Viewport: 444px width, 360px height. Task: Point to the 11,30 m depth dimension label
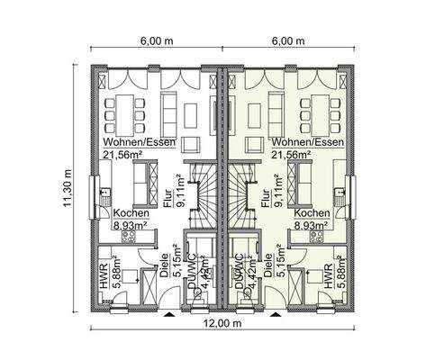point(67,189)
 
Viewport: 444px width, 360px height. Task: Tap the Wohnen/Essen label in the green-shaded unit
point(306,142)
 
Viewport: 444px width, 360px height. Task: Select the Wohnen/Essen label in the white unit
point(137,142)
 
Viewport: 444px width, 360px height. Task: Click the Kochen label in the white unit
point(131,214)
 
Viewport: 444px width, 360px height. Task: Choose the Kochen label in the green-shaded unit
point(310,214)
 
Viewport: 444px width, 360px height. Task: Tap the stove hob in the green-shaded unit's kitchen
point(316,237)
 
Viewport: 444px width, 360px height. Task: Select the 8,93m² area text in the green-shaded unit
point(310,227)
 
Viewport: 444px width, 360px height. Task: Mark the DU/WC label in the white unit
point(192,273)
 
